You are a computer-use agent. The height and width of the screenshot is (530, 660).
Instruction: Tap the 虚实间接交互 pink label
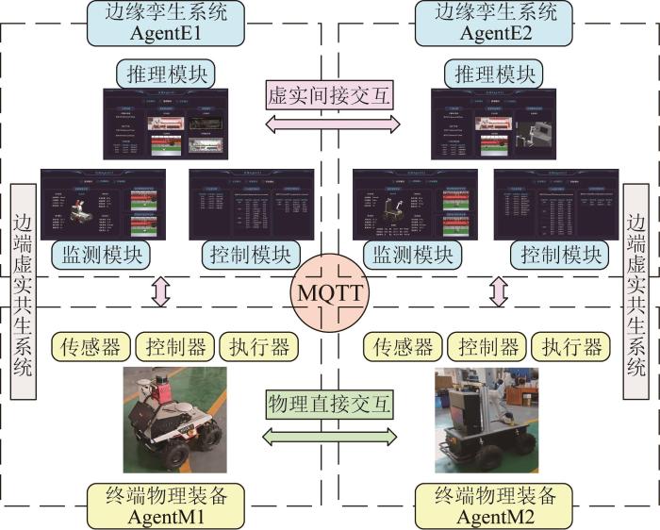tap(329, 96)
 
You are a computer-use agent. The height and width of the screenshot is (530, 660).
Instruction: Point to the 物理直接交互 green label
tap(329, 404)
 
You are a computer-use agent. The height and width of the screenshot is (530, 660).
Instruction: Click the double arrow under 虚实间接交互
tap(329, 124)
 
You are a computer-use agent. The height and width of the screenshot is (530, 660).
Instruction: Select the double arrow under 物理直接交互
tap(329, 436)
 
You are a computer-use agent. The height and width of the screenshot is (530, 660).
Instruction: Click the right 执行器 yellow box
tap(569, 346)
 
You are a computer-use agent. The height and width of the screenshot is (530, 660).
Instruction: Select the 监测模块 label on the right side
tap(413, 255)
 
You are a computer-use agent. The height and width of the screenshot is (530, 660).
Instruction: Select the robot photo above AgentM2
tap(484, 421)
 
